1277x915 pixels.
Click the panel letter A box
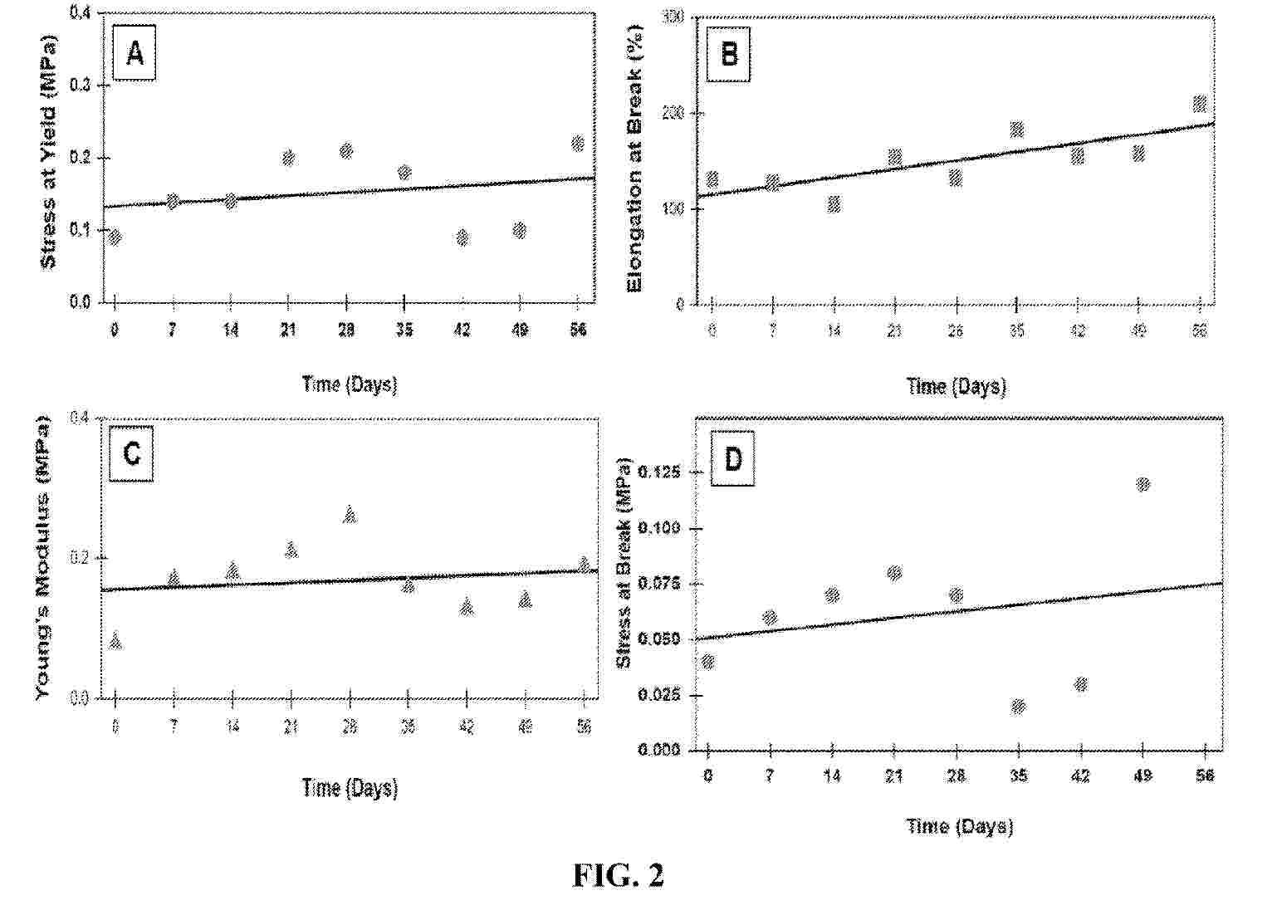(x=135, y=56)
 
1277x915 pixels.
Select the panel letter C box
(x=131, y=455)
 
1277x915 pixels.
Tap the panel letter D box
(x=733, y=458)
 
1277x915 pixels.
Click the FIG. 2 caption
(x=619, y=875)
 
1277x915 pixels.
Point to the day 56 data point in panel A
(x=578, y=144)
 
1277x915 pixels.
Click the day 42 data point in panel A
(x=462, y=238)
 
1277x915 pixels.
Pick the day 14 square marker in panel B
(x=834, y=204)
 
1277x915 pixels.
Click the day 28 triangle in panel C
(x=350, y=515)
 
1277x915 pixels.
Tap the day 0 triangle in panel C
(x=115, y=641)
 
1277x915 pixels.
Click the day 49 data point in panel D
(x=1142, y=484)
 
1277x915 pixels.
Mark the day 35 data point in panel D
(x=1019, y=707)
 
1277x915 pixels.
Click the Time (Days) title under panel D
(x=959, y=826)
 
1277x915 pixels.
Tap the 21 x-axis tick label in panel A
(x=288, y=330)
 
